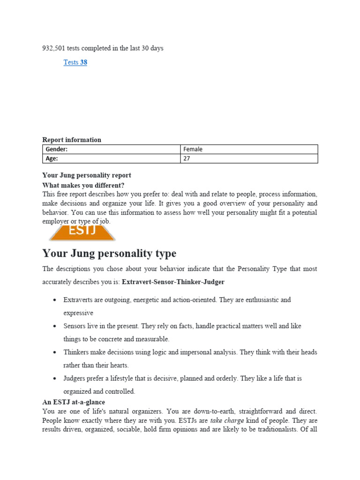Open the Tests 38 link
tap(75, 62)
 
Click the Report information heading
tap(72, 140)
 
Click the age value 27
tap(187, 159)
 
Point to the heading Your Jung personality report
tap(87, 175)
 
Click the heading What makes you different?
tap(83, 185)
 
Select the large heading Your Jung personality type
tap(109, 254)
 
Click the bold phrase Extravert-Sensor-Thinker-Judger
tap(173, 282)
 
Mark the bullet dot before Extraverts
tap(55, 300)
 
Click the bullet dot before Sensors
tap(55, 326)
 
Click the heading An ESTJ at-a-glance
tap(74, 402)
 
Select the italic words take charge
tap(227, 420)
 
